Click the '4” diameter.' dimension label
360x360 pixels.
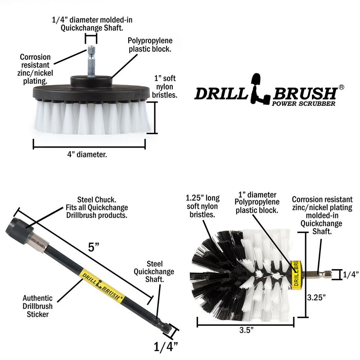pos(89,154)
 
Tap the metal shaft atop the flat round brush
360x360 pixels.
pos(91,60)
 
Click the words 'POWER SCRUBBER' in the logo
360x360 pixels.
pos(305,103)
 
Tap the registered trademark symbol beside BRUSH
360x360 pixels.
pos(342,86)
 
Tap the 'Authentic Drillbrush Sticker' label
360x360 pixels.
pos(38,306)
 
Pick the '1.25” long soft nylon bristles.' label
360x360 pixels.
pos(202,206)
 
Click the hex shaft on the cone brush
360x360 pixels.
pos(317,274)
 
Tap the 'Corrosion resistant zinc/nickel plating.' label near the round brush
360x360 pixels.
pos(35,69)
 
